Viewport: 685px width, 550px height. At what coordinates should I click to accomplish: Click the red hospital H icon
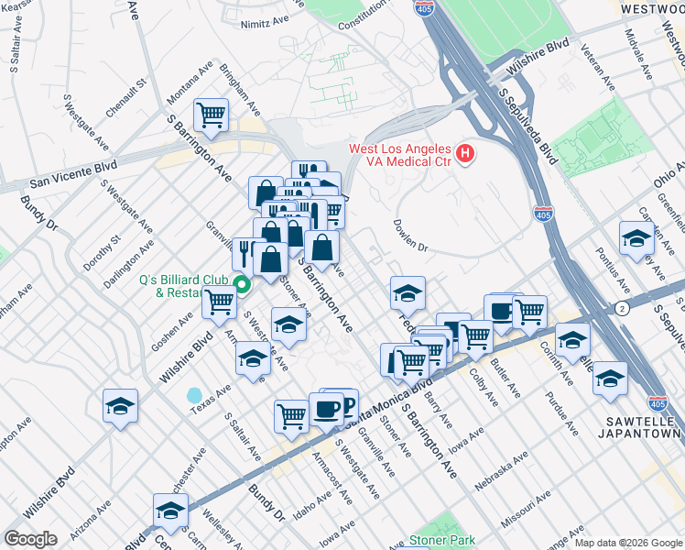point(465,152)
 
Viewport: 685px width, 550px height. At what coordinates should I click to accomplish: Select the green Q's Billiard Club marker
point(242,284)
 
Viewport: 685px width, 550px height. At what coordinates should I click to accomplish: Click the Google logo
point(30,538)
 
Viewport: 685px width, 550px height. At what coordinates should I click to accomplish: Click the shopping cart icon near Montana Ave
point(212,115)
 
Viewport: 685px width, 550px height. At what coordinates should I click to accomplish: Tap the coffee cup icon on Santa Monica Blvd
point(326,409)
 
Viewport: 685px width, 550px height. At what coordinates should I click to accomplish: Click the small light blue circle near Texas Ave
point(194,395)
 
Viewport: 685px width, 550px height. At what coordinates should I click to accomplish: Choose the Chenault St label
point(126,98)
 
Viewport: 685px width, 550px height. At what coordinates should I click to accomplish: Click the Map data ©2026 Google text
point(627,543)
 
